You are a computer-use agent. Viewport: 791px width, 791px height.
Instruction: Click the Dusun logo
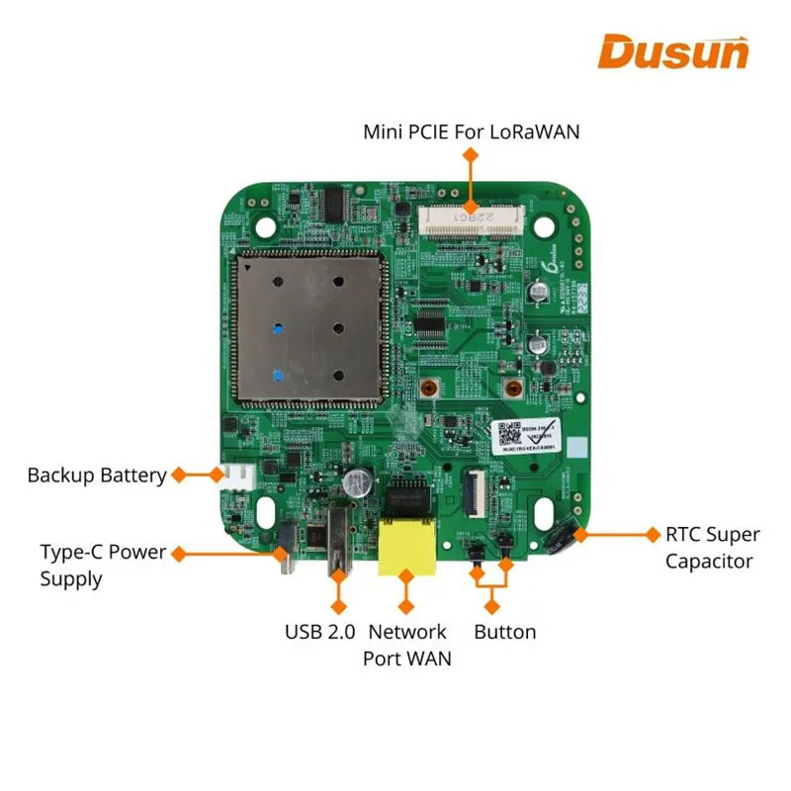tap(673, 50)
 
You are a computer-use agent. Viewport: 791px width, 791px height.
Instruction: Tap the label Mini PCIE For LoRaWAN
tap(472, 131)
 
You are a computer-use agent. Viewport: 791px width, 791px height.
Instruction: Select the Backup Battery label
tap(97, 476)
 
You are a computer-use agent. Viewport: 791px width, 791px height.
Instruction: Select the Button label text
tap(504, 632)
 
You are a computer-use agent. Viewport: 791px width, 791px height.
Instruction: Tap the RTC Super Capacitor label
tap(712, 548)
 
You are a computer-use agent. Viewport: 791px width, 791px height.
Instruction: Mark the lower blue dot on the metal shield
tap(279, 375)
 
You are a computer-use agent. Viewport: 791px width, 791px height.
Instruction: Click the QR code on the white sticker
tap(507, 431)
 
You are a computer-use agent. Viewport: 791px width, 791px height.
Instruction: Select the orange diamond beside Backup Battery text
tap(179, 475)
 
